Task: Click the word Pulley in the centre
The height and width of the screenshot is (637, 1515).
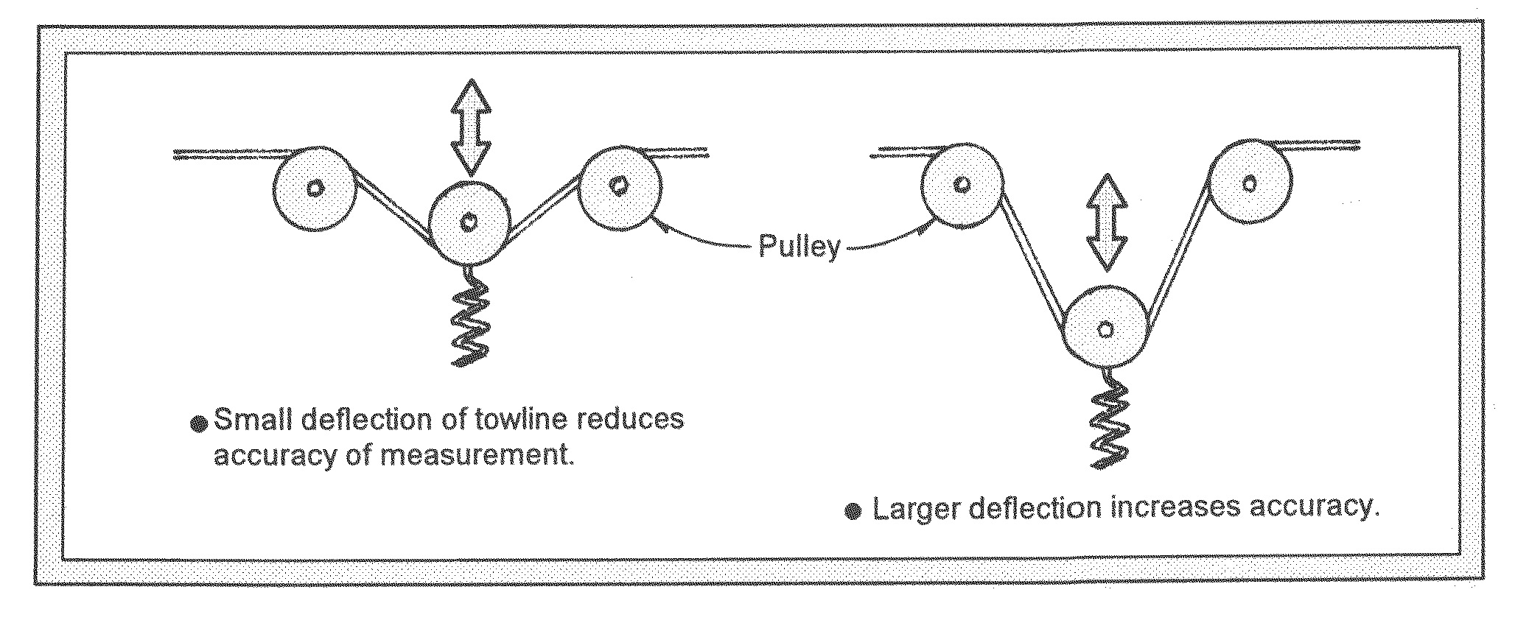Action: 800,247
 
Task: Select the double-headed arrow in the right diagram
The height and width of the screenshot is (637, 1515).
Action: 1108,223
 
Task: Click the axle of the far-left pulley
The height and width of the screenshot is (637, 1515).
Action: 315,189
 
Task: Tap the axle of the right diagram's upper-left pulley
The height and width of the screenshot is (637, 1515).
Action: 962,183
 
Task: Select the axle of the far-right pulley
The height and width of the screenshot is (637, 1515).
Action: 1250,182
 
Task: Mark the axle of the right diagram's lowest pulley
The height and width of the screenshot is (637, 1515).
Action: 1105,329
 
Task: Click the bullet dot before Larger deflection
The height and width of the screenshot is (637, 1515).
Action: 853,511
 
